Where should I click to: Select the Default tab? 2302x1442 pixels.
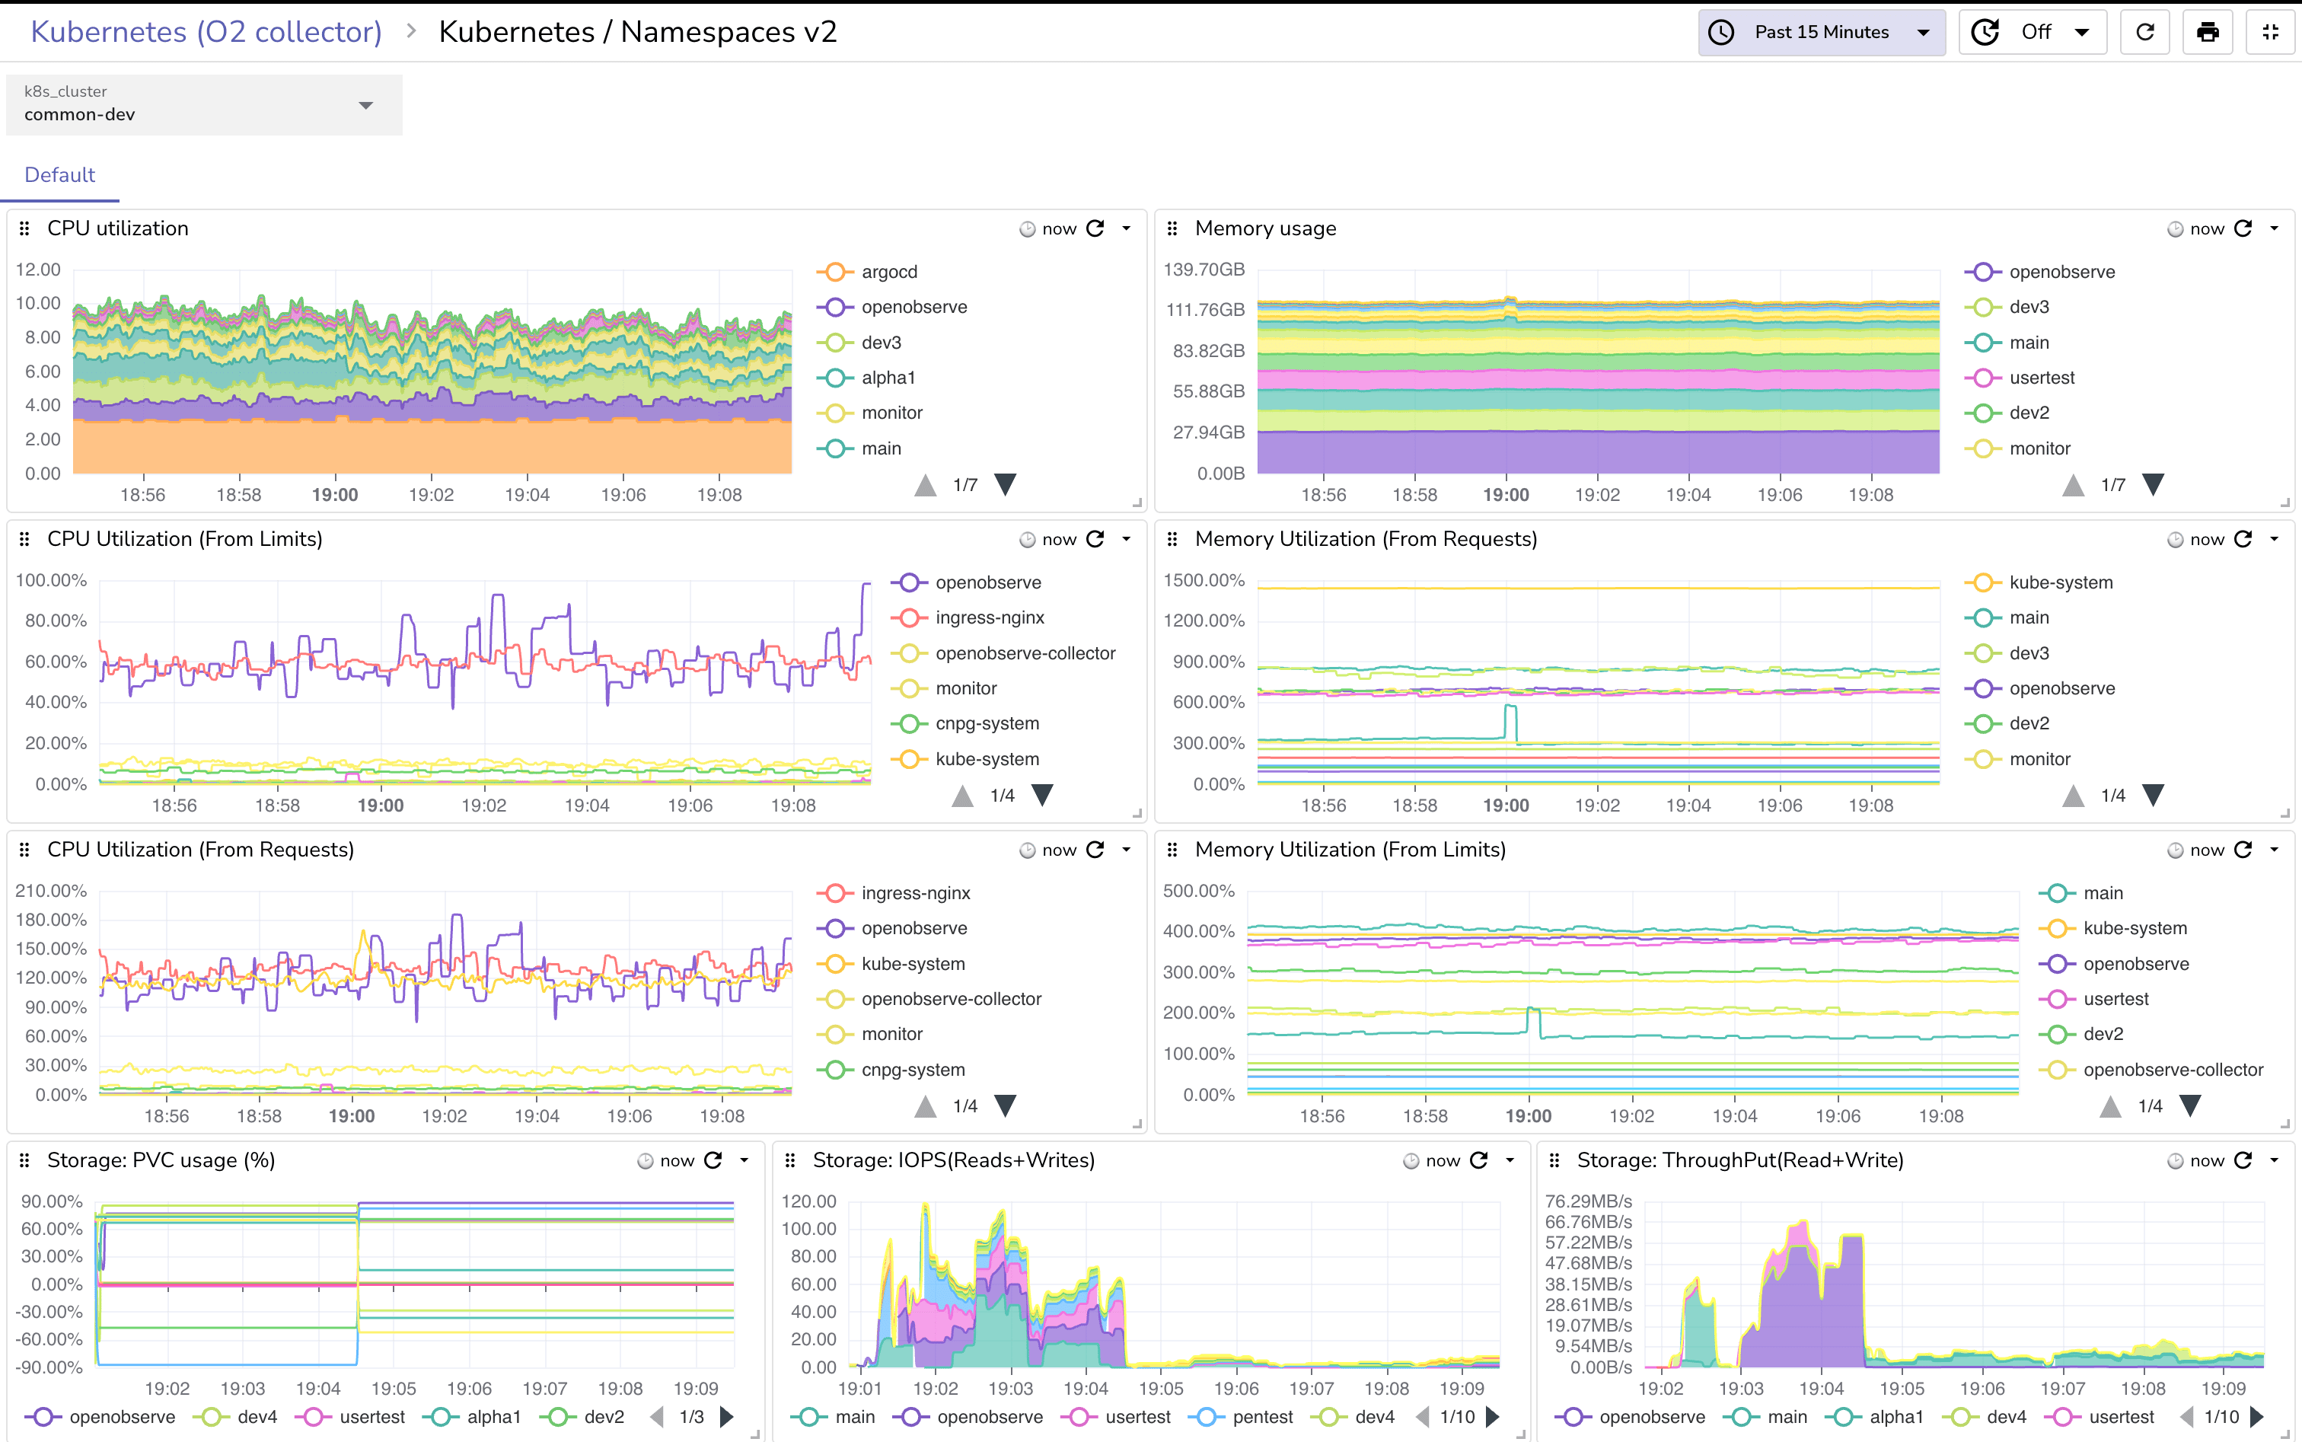pos(59,174)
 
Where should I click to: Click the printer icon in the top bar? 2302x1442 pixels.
pos(2207,33)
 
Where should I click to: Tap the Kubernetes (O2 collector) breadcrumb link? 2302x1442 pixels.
pos(206,33)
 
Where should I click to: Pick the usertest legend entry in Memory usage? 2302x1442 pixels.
pos(2041,378)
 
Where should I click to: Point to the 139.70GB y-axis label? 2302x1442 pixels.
pos(1204,269)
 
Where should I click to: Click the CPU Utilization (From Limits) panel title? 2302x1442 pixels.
pos(184,539)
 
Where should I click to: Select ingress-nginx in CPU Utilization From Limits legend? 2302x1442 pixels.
pos(989,618)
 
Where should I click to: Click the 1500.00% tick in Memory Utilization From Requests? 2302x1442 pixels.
pos(1204,580)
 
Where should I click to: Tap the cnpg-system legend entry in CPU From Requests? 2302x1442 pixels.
pos(912,1070)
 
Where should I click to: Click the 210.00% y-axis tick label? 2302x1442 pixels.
pos(50,891)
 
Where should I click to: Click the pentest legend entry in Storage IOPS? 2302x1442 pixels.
pos(1261,1417)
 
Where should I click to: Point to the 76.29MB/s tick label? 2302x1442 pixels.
pos(1588,1201)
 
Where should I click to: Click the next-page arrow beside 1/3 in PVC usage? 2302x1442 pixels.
pos(727,1417)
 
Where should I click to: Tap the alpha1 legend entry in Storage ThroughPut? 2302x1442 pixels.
pos(1895,1417)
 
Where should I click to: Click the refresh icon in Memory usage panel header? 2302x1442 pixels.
pos(2243,229)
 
